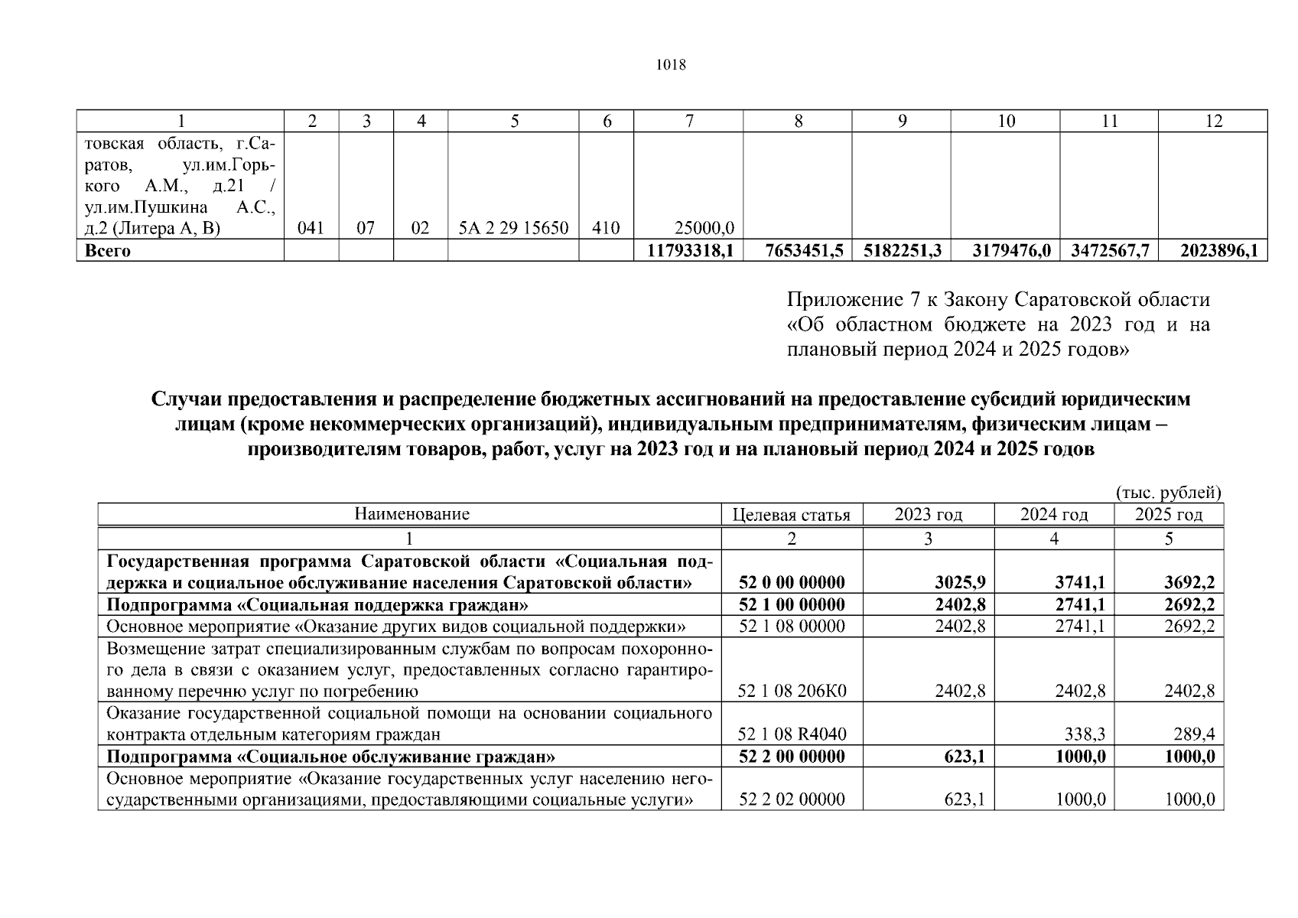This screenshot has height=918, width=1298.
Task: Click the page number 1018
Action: click(x=672, y=65)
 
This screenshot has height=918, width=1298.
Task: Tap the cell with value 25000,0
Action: click(x=704, y=228)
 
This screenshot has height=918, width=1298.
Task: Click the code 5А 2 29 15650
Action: click(x=513, y=228)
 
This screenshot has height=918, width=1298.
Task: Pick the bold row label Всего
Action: click(x=107, y=251)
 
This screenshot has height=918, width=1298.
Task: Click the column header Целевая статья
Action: click(x=791, y=515)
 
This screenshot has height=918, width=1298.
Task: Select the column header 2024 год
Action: click(x=1053, y=515)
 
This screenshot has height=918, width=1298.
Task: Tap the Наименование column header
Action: click(x=412, y=514)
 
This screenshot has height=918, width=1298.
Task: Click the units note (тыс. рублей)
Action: click(x=1168, y=493)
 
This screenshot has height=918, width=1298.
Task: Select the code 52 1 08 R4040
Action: click(x=792, y=735)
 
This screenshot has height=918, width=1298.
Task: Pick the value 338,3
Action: click(x=1085, y=735)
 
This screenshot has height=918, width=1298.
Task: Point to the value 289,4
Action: click(x=1194, y=735)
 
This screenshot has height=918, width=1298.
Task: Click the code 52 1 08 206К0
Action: click(x=792, y=692)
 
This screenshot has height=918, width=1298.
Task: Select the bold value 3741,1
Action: click(x=1080, y=583)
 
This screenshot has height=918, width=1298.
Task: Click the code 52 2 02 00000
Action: click(x=792, y=800)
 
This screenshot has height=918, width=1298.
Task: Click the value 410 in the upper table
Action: click(x=606, y=228)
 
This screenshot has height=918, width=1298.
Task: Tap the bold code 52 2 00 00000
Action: click(x=792, y=757)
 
